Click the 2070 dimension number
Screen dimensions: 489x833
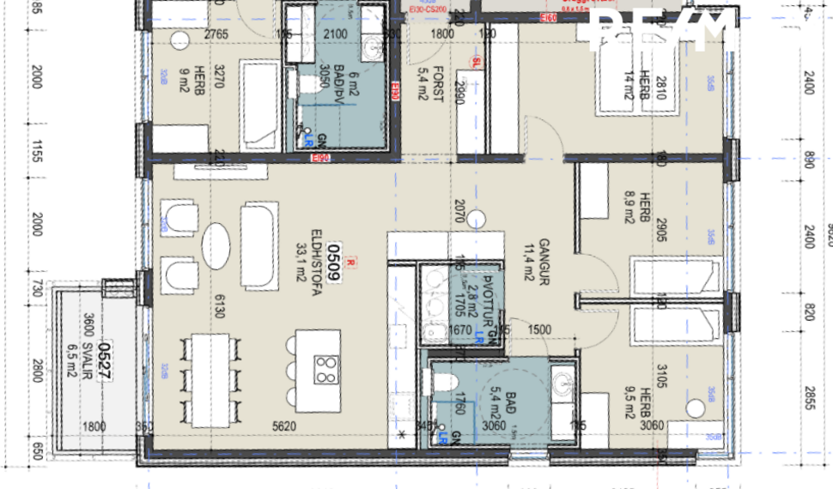point(459,211)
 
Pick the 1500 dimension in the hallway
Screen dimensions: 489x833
point(540,329)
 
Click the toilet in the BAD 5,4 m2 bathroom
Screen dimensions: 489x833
point(446,383)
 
